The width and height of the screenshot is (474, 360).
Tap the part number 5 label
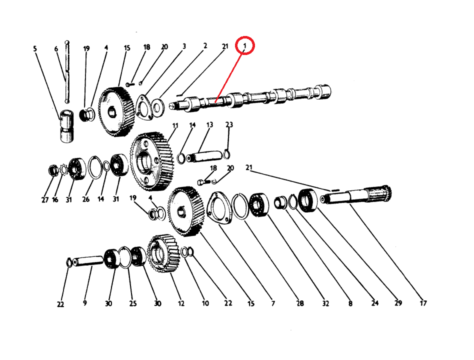click(35, 48)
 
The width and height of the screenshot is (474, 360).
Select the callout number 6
click(56, 49)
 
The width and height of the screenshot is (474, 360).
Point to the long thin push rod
click(67, 71)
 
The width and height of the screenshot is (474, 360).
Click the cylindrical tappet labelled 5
click(67, 126)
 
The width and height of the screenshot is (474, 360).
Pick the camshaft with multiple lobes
click(250, 99)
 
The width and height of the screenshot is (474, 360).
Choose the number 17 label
click(423, 303)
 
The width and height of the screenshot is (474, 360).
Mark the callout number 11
click(175, 125)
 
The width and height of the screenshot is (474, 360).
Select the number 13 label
click(210, 125)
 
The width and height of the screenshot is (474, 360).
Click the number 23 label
click(229, 124)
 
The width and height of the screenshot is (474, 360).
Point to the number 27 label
click(45, 200)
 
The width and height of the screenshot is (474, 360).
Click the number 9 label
click(85, 303)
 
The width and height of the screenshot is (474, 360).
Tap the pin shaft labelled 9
click(88, 261)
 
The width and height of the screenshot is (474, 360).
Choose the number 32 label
click(325, 303)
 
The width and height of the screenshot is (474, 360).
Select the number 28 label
click(300, 303)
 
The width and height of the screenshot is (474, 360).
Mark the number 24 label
click(375, 303)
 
